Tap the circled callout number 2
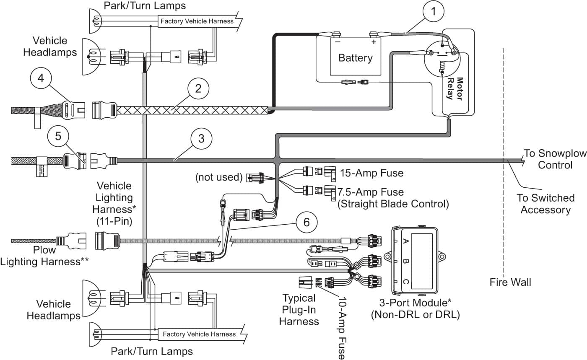click(x=198, y=88)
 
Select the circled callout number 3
click(x=201, y=139)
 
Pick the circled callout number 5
click(x=58, y=136)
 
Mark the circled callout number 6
click(x=306, y=222)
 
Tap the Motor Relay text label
click(x=455, y=88)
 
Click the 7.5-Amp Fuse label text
click(x=370, y=192)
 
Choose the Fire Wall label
click(x=510, y=282)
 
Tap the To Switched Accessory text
click(x=545, y=204)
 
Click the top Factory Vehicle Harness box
click(x=197, y=21)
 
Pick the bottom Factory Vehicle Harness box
click(x=199, y=334)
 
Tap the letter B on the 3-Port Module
click(x=405, y=261)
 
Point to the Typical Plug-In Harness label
click(x=299, y=310)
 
